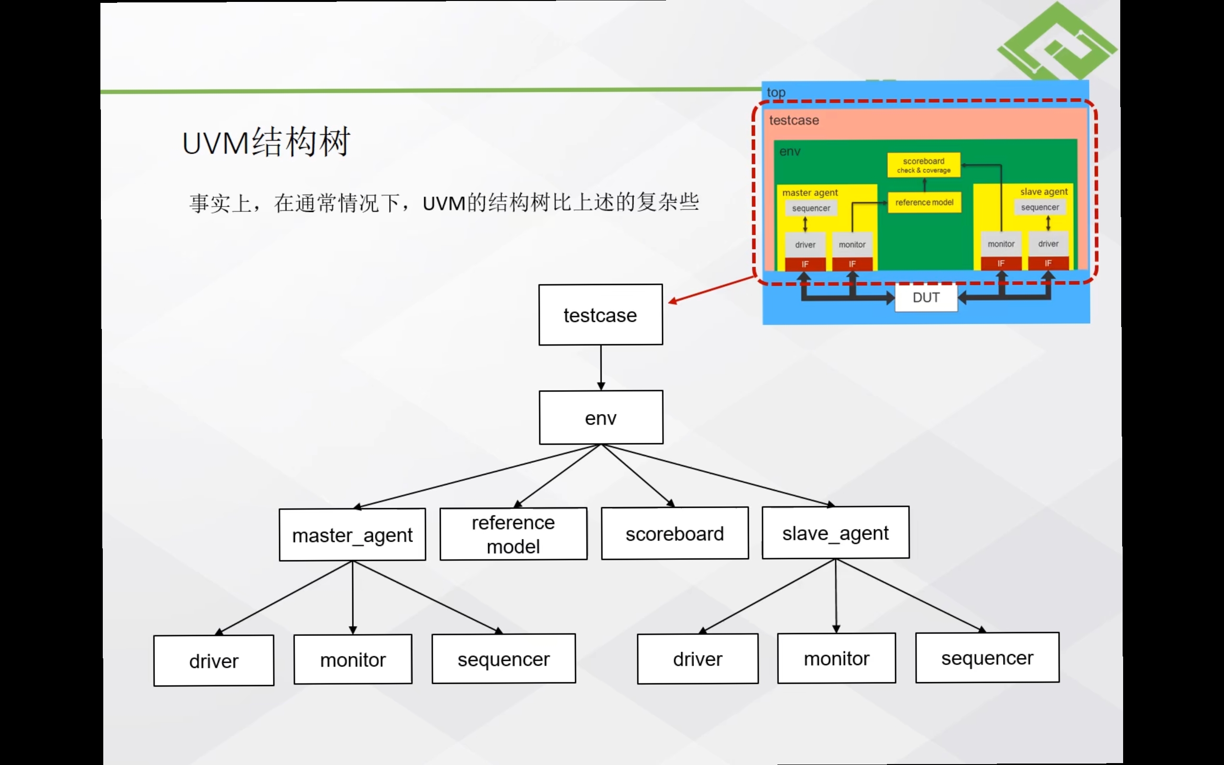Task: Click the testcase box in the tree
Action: (x=601, y=315)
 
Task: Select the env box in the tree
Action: (x=601, y=417)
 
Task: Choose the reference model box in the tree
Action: (x=514, y=534)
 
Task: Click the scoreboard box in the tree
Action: (x=675, y=533)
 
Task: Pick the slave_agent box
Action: (x=835, y=533)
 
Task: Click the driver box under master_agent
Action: (x=213, y=661)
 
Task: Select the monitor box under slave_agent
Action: (x=837, y=658)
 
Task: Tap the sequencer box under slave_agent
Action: (x=987, y=657)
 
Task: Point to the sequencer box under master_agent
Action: (x=503, y=659)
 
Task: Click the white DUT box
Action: (x=926, y=297)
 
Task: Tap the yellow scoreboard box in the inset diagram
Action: (x=924, y=165)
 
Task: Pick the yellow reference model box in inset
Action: (x=924, y=202)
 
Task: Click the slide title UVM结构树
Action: (x=266, y=142)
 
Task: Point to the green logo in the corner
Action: (x=1057, y=43)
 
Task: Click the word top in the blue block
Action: (x=776, y=92)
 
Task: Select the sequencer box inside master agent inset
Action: (x=811, y=208)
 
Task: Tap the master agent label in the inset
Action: (x=810, y=192)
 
